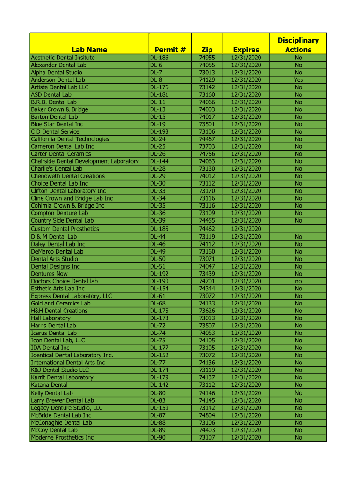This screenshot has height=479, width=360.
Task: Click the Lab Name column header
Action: pos(89,50)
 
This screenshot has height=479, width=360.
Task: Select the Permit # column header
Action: pos(170,50)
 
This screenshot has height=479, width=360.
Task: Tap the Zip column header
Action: pos(207,50)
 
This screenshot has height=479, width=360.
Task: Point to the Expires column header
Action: pos(246,50)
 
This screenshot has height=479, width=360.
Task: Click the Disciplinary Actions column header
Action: pos(298,45)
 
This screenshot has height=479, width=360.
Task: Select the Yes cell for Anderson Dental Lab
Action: pos(298,80)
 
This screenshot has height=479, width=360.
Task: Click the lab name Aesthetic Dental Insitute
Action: pos(63,58)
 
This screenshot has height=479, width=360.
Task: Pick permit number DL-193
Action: pos(159,132)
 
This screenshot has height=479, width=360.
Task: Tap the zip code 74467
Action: pos(207,139)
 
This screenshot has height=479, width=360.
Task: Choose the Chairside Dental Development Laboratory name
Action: pos(85,161)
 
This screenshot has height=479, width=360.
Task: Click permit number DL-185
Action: pos(159,229)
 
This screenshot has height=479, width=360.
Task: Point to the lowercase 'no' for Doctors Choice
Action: pos(298,281)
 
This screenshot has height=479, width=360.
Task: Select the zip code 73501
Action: pos(207,124)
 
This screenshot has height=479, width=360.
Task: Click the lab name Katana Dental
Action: pos(49,385)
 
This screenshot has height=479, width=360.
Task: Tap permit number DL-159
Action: pos(159,408)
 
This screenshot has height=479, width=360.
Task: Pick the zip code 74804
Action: pos(207,415)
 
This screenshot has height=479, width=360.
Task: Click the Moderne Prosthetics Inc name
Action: pos(62,438)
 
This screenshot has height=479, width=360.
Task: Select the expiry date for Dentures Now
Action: pos(246,274)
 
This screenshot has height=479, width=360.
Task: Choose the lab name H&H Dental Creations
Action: pos(59,311)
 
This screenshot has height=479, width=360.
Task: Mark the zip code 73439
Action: pos(207,274)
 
